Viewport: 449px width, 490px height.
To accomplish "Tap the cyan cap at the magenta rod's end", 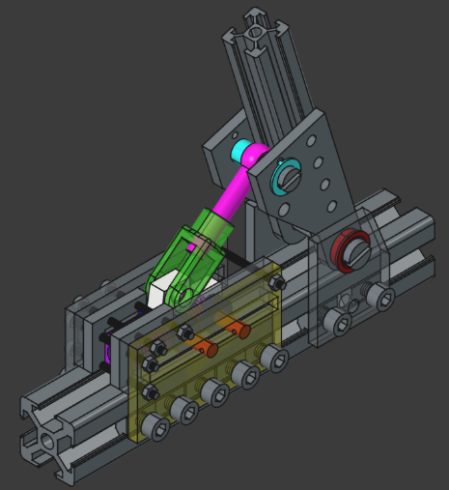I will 241,151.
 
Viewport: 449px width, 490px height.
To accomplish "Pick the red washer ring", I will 346,253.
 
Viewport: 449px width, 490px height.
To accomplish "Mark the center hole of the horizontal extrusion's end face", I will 44,443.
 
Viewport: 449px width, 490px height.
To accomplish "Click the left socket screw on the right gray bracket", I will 338,322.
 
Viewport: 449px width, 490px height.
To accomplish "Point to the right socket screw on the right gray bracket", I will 383,300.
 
